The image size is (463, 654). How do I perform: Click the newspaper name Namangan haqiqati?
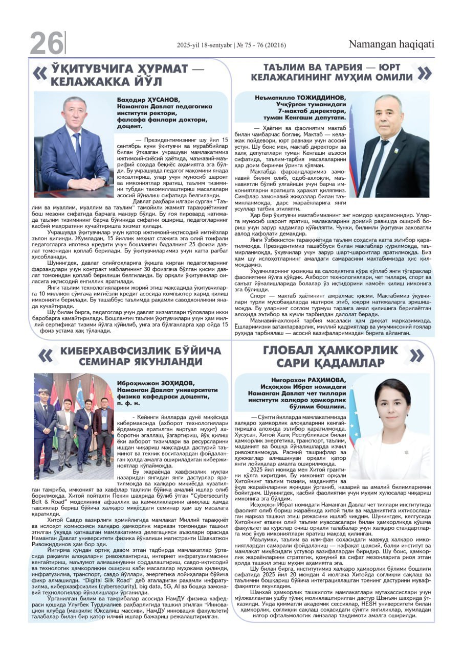[x=391, y=44]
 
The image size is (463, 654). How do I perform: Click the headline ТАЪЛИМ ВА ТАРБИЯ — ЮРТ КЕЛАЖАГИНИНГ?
[x=332, y=73]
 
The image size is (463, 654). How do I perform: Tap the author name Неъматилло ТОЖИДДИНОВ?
[x=300, y=98]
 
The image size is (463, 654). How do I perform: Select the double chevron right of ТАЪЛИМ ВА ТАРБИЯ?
[x=424, y=73]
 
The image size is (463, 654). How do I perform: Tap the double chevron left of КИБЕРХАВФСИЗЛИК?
[x=46, y=356]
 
